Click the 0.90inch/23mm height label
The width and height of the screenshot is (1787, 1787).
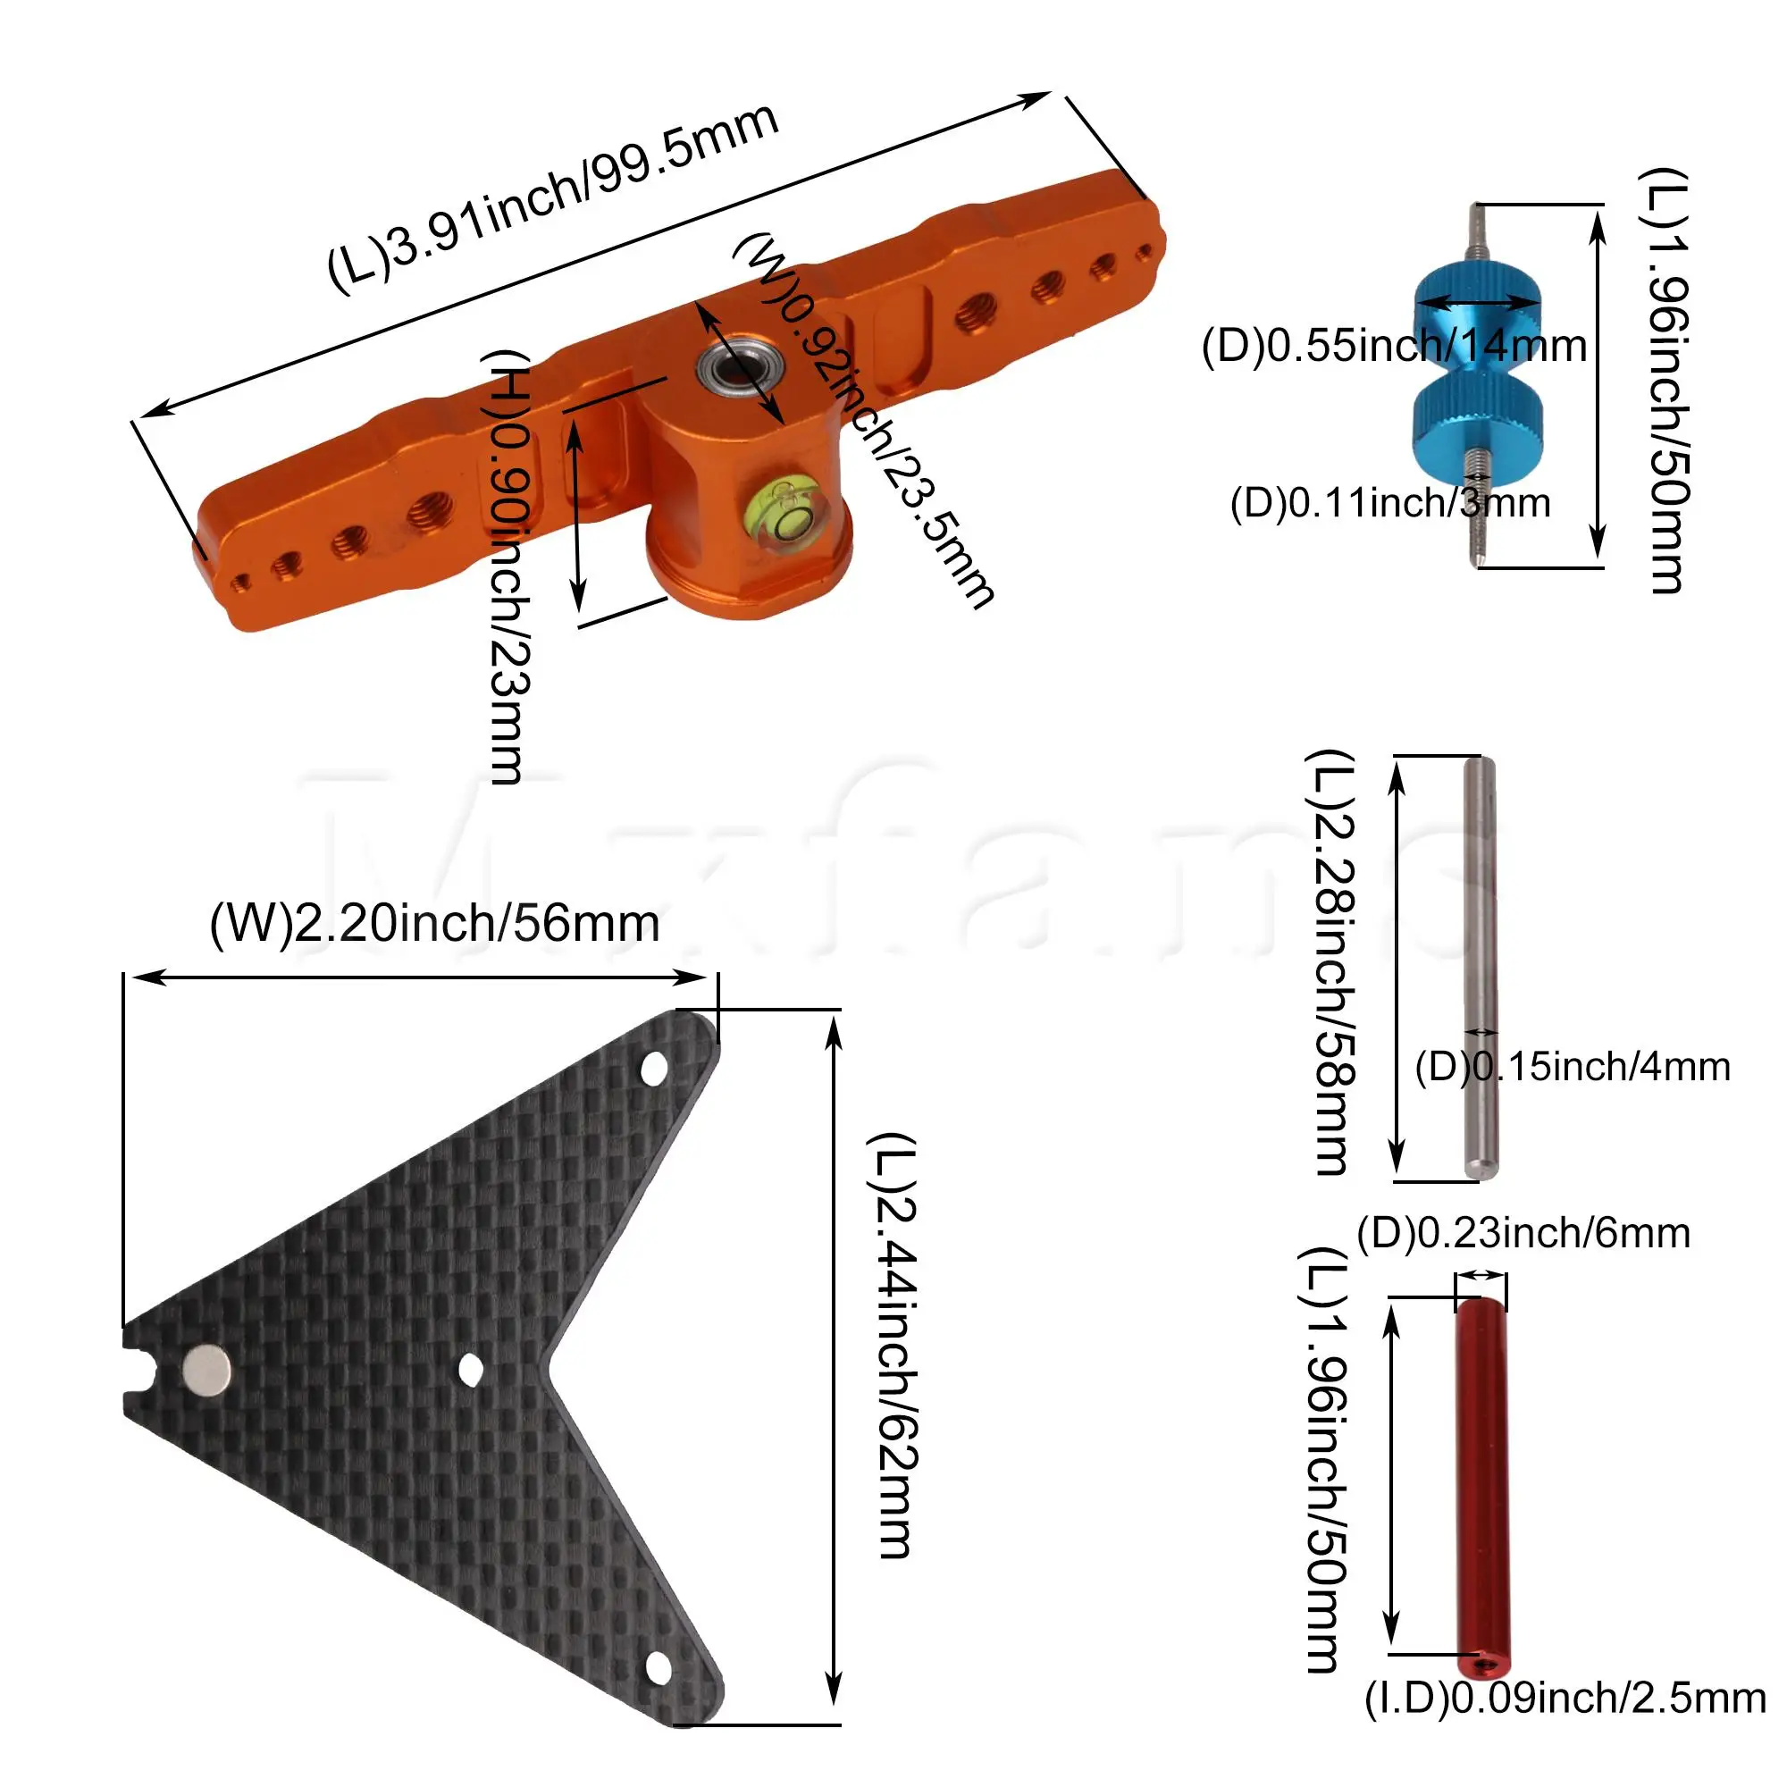tap(508, 566)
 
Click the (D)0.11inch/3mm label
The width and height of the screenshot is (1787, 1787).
tap(1389, 503)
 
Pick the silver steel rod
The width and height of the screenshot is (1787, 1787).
tap(1480, 967)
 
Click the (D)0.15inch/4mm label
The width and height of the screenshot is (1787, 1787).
tap(1572, 1067)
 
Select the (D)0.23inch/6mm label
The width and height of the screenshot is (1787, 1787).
tap(1523, 1233)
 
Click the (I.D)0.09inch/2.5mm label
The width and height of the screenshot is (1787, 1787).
tap(1565, 1698)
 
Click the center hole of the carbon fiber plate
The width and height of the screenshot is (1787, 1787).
tap(471, 1370)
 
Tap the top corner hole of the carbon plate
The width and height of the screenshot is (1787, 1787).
tap(654, 1069)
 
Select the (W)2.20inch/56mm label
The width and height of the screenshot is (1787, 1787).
tap(435, 923)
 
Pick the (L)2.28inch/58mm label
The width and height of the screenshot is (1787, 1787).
tap(1331, 962)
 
